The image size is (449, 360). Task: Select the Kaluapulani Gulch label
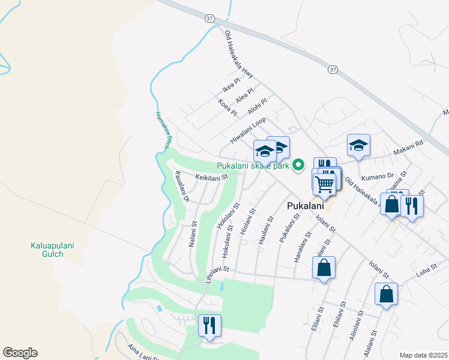[x=47, y=250]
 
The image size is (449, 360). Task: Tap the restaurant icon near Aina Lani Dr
[x=209, y=326]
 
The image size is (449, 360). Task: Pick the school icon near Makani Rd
[x=358, y=146]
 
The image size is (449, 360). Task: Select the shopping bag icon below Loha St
[x=386, y=295]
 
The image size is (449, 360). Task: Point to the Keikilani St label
[x=212, y=177]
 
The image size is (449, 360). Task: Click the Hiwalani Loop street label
[x=248, y=130]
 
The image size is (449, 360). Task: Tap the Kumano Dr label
[x=376, y=177]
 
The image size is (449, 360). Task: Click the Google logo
[x=20, y=353]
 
